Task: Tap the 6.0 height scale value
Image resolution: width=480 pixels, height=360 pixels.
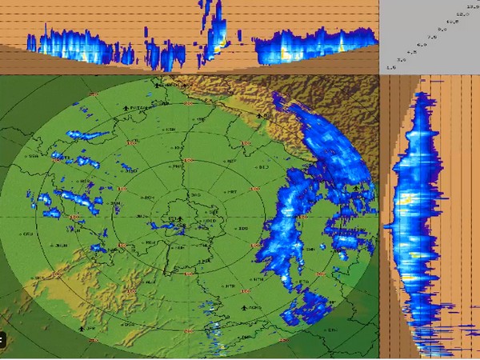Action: click(x=422, y=45)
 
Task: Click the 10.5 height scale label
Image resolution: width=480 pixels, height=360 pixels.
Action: click(x=452, y=22)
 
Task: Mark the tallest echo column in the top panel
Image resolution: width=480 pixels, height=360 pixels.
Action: click(x=216, y=32)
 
